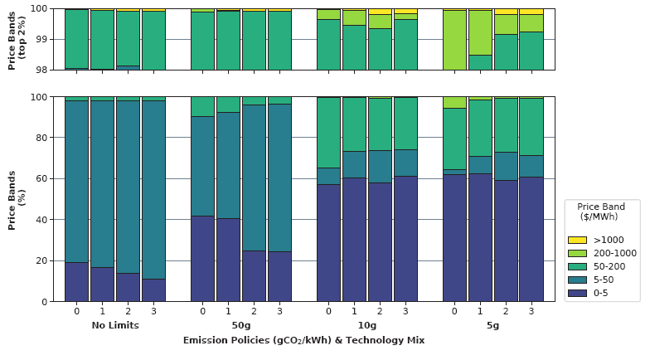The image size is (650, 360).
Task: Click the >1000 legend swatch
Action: click(577, 240)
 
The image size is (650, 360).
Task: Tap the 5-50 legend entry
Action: click(597, 280)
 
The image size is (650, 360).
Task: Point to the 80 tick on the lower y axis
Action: click(47, 138)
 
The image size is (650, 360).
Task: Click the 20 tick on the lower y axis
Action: click(47, 260)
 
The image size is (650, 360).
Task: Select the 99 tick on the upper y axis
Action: click(47, 39)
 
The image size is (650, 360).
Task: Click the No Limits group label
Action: click(115, 326)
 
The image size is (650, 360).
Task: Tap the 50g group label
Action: click(241, 326)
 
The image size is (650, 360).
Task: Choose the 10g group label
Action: click(367, 326)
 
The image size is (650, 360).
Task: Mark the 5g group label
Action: click(493, 326)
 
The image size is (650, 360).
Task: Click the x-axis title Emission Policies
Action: click(303, 340)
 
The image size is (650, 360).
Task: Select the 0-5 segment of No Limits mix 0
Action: click(77, 282)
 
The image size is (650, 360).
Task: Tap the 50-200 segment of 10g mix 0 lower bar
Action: click(329, 133)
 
